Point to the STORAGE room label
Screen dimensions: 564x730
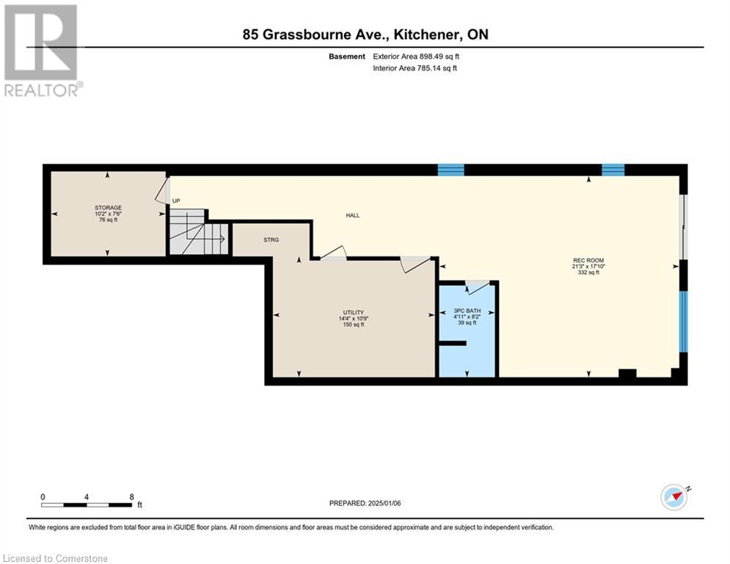(x=108, y=208)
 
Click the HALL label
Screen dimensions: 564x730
(x=353, y=215)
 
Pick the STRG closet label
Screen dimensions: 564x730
(x=271, y=239)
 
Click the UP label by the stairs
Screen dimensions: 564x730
(x=176, y=200)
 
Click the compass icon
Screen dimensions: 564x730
(x=674, y=496)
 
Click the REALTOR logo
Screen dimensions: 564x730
(x=42, y=50)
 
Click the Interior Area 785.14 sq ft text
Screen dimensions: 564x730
(x=415, y=68)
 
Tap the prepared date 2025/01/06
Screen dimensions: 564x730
(x=365, y=503)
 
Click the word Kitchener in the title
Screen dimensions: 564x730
(x=434, y=34)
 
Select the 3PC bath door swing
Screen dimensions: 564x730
(x=478, y=286)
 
